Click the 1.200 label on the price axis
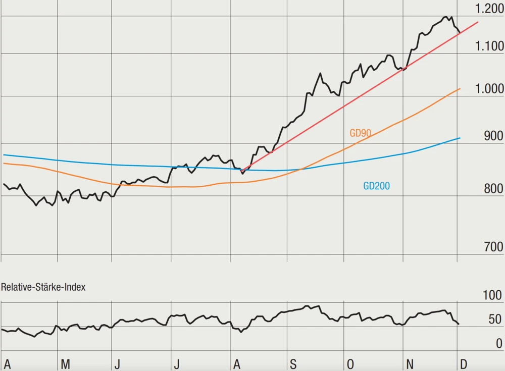point(489,8)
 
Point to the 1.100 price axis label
point(489,46)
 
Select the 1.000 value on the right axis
point(489,89)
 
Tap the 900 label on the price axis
point(493,136)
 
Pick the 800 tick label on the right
point(493,189)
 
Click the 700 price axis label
point(493,247)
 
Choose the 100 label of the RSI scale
point(492,295)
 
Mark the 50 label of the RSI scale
point(495,319)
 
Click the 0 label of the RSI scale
point(499,343)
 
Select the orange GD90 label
point(361,133)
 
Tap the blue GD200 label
point(376,186)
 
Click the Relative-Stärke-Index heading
point(43,287)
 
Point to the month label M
point(65,364)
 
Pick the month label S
point(293,364)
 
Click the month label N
point(410,364)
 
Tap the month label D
point(464,364)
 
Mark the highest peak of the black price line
point(445,17)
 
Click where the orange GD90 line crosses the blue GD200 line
point(300,170)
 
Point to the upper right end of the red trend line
point(478,22)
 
